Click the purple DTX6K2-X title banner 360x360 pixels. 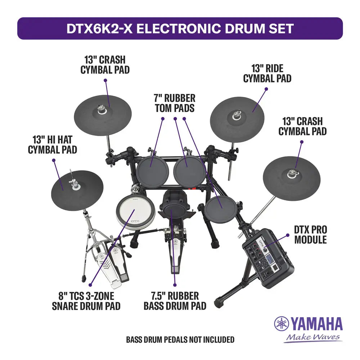point(180,28)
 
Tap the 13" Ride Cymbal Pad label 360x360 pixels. point(267,73)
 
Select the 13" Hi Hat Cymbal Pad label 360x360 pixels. point(52,145)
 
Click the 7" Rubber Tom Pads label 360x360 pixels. point(175,103)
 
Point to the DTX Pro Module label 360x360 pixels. point(310,235)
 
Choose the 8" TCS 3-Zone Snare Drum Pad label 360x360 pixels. point(86,301)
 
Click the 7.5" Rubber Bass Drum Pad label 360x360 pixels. point(175,301)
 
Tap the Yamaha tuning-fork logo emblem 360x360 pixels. point(282,324)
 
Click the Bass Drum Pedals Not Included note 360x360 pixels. point(180,339)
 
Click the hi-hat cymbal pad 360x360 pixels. point(77,190)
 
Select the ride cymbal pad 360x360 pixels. point(237,120)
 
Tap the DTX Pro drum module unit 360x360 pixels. point(268,258)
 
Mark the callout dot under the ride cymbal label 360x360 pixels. point(266,89)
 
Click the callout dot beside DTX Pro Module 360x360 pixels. point(288,235)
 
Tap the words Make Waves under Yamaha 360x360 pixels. point(313,337)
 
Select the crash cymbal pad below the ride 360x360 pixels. point(292,179)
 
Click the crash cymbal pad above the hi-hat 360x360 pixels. point(103,115)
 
